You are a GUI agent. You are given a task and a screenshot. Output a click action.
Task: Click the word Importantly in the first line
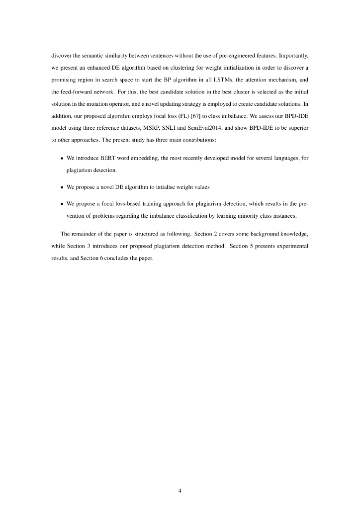coord(293,51)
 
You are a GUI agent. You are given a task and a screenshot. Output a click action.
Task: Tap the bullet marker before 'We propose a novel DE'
coord(62,188)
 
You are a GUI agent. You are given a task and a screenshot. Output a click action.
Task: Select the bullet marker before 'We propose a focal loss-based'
coord(62,204)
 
